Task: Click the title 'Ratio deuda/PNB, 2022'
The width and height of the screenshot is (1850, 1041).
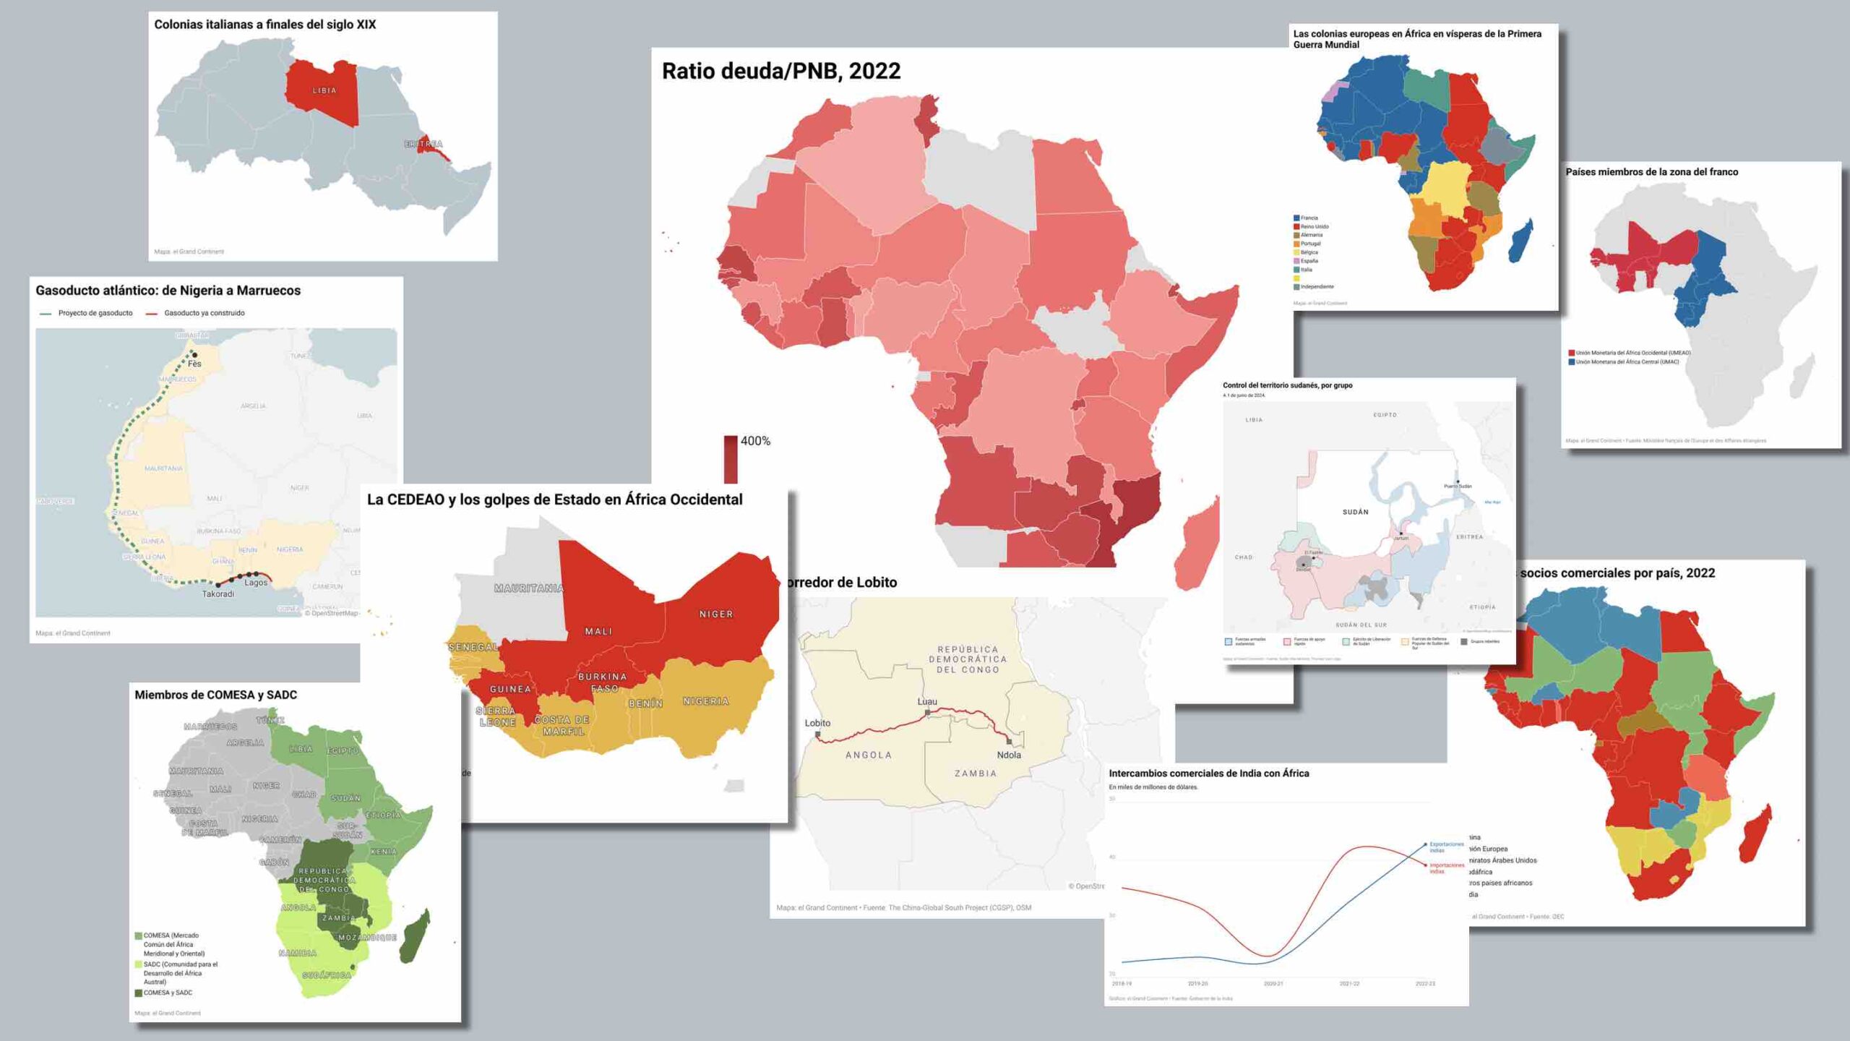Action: (x=781, y=71)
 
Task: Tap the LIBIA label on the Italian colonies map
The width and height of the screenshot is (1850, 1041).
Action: (x=324, y=90)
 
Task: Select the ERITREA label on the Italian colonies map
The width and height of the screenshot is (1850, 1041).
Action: (x=423, y=144)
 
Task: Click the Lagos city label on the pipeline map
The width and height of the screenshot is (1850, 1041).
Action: (x=256, y=583)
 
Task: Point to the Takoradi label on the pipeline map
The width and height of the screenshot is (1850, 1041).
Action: (x=218, y=594)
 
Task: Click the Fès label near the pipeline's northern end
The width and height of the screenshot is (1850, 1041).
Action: (x=194, y=364)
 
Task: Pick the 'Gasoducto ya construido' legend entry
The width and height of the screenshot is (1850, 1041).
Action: (x=204, y=313)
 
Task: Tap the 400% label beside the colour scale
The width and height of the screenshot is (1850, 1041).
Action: (x=755, y=441)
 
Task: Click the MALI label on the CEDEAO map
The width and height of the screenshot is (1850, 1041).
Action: (x=598, y=631)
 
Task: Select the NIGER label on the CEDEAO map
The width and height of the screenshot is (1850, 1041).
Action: (x=715, y=614)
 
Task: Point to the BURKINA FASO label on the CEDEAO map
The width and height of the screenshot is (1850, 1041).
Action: (x=603, y=682)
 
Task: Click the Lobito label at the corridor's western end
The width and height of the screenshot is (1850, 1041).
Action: (x=817, y=723)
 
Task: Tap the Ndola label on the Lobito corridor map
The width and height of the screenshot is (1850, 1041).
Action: (x=1009, y=755)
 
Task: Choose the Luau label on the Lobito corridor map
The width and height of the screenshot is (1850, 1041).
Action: (x=927, y=701)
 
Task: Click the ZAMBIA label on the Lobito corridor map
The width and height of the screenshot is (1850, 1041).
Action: (x=976, y=774)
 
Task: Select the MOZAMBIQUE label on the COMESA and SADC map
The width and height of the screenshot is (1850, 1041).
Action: (x=367, y=938)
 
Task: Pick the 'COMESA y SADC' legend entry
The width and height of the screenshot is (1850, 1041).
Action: (x=168, y=993)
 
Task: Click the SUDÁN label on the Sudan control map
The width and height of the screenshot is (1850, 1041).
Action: (x=1355, y=512)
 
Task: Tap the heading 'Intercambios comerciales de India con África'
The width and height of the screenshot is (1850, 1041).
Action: (x=1208, y=774)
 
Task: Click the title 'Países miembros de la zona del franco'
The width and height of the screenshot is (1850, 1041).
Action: (x=1651, y=172)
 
